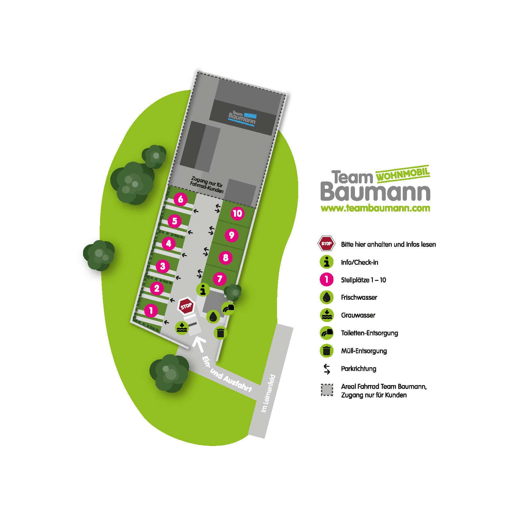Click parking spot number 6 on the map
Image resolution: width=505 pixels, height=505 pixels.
pos(181,199)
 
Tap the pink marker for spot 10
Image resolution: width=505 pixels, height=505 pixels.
pos(237,214)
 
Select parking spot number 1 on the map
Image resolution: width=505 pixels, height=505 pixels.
pos(151,310)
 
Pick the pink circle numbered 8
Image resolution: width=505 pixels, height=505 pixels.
pos(225,257)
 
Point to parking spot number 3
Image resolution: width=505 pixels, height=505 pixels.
pos(163,266)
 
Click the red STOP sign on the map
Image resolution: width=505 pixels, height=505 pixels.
pos(186,306)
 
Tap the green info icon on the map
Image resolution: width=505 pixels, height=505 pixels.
pos(203,290)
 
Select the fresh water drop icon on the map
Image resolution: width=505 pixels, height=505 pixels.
pos(213,317)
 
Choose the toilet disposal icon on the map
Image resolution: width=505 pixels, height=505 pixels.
pos(228,308)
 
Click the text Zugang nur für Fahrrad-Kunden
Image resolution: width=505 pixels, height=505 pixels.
pos(207,184)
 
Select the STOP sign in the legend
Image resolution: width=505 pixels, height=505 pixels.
pos(326,244)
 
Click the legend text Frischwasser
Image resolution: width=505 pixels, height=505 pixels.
pos(359,298)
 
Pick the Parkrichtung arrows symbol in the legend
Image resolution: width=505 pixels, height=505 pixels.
pos(327,369)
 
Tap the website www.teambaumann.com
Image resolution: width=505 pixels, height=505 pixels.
pos(375,208)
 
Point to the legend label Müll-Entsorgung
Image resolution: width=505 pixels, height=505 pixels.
pos(364,351)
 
